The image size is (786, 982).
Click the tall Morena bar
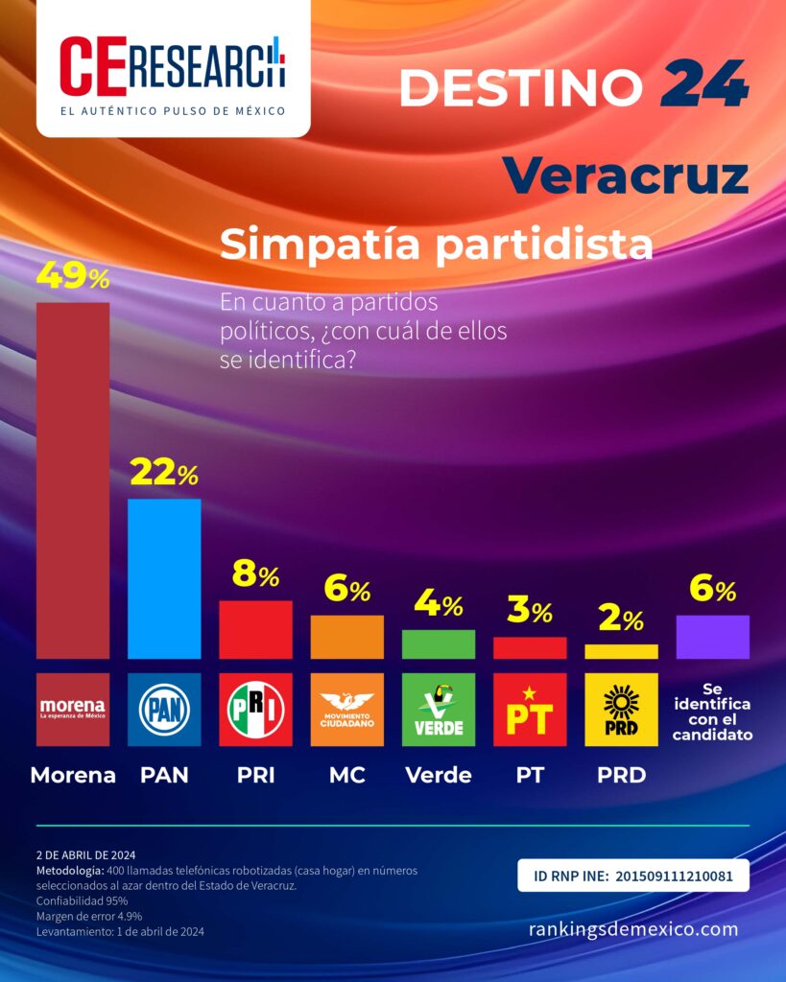[73, 480]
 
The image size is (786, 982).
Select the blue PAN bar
[164, 578]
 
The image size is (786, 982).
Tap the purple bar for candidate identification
[713, 637]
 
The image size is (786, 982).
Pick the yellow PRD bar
[621, 651]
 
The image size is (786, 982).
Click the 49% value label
[73, 276]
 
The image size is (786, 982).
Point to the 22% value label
[164, 472]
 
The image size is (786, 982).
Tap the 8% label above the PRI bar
[255, 573]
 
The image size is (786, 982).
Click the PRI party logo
[255, 710]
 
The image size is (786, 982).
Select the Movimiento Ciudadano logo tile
[347, 710]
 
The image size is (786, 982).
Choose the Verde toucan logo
[439, 710]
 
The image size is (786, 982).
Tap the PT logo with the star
[531, 710]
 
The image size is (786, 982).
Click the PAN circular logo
[164, 710]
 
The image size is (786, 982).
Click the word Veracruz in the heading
[626, 176]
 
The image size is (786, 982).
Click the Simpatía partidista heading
[437, 245]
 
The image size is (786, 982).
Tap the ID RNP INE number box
[633, 875]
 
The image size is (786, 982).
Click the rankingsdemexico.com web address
[633, 928]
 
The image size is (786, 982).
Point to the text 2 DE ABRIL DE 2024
[85, 854]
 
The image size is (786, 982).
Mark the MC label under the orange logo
[347, 775]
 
